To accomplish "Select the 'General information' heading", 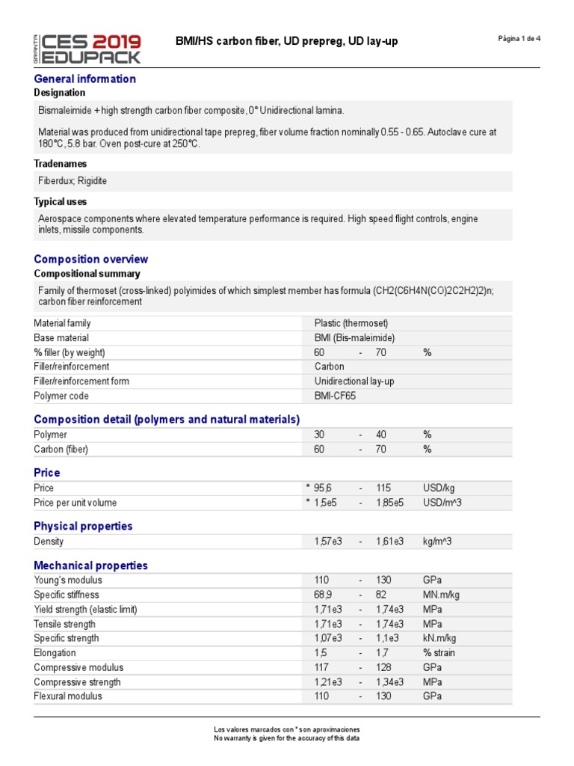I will tap(85, 79).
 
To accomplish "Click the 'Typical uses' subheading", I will tap(60, 201).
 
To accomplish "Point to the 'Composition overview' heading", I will tap(91, 259).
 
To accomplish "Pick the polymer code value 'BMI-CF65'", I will tap(336, 395).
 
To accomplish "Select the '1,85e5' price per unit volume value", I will tap(390, 503).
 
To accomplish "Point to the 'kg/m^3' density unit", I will tap(439, 541).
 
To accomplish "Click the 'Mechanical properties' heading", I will tap(90, 566).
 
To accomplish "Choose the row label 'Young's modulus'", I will tap(68, 580).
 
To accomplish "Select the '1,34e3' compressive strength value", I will tap(390, 681).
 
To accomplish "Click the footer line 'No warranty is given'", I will tap(286, 738).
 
